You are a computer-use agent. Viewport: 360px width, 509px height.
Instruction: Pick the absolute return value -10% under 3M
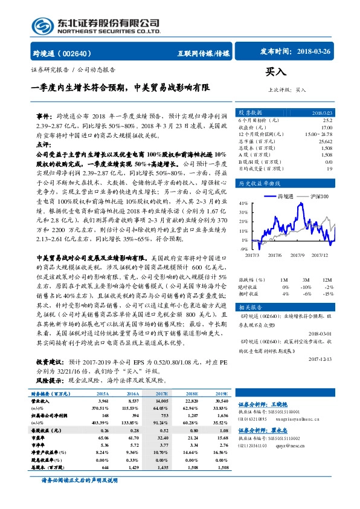pos(304,287)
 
